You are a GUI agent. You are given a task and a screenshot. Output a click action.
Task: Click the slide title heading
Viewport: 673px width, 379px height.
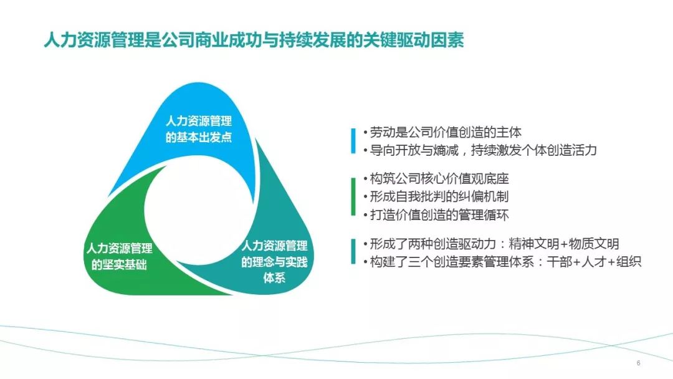(x=254, y=40)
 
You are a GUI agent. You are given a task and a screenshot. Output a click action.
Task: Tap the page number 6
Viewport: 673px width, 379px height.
(x=638, y=363)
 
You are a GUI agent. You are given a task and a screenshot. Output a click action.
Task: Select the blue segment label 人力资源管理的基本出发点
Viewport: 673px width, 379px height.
(x=199, y=129)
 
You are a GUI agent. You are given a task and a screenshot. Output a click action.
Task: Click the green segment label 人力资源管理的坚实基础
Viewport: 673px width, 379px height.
(x=119, y=256)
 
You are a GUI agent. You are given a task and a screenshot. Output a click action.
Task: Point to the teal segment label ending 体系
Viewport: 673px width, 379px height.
(x=274, y=261)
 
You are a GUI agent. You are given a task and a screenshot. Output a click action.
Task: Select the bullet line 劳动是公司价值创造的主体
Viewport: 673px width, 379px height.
(x=442, y=132)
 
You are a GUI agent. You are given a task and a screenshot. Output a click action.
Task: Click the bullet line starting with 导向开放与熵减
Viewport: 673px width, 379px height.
(x=480, y=150)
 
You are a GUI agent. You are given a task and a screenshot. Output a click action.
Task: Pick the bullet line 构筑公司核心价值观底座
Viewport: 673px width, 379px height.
(x=436, y=178)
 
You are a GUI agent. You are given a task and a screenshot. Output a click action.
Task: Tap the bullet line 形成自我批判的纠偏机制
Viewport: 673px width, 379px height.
(x=436, y=196)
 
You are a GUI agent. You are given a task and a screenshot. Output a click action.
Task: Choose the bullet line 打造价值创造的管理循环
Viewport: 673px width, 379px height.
(x=436, y=214)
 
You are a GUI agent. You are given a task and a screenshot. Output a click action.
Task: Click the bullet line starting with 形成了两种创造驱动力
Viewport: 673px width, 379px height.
(x=491, y=244)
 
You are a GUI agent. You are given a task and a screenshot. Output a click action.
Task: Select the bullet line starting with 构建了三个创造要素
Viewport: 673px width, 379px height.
(x=502, y=261)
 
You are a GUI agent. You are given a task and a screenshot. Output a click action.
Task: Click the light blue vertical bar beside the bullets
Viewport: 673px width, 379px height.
(x=353, y=141)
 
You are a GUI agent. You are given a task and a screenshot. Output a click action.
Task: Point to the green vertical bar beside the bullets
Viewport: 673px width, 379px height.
(x=353, y=196)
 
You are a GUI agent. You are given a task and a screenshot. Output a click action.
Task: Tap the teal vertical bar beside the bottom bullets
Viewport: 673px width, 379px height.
(x=353, y=251)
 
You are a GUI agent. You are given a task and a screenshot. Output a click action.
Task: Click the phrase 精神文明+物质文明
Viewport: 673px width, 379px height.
(x=563, y=244)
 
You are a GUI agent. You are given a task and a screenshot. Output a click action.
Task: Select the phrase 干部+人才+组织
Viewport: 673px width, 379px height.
(x=594, y=261)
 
